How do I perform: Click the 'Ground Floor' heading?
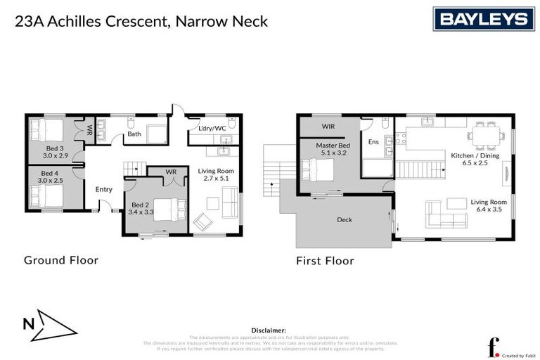tap(61, 260)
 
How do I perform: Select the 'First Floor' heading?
tap(325, 260)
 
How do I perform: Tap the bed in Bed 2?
tap(171, 210)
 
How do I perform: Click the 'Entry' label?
tap(104, 189)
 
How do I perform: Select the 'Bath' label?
tap(134, 134)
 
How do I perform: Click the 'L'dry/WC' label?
tap(212, 128)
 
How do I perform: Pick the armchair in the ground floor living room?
tap(204, 221)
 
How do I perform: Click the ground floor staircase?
tap(134, 169)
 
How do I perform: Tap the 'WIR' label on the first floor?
tap(328, 127)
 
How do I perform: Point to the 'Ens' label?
tap(373, 142)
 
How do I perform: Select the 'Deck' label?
tap(345, 220)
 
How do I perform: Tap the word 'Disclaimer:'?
tap(269, 330)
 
